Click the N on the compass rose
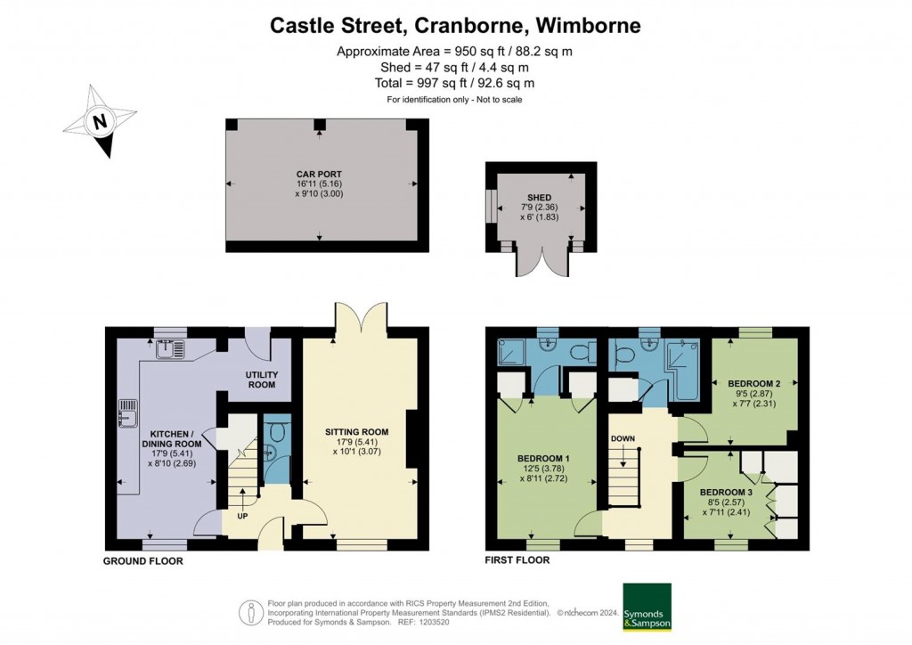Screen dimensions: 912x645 pos(100,122)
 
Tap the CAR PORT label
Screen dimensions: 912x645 pos(319,174)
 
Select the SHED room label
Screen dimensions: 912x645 pos(539,198)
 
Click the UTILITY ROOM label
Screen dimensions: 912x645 pos(262,380)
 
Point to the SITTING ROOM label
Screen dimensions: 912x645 pos(356,432)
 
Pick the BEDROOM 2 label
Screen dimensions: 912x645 pos(753,384)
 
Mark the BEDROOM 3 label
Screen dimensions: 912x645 pos(726,493)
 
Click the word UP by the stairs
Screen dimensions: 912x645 pos(242,516)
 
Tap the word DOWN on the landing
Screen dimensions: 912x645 pos(623,438)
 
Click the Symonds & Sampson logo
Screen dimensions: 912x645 pos(647,607)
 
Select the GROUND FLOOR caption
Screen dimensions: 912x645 pos(143,561)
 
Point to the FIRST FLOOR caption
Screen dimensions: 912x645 pos(517,560)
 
